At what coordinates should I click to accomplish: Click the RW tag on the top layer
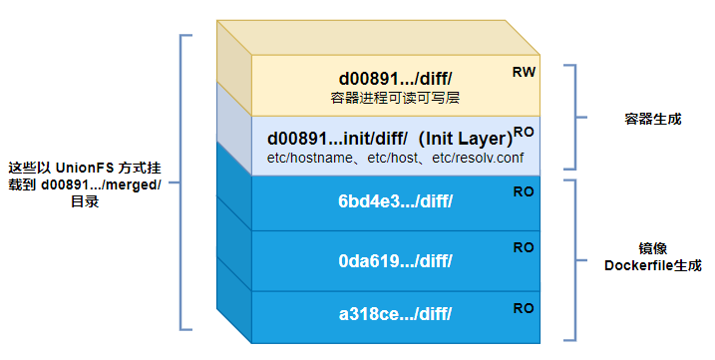pos(524,72)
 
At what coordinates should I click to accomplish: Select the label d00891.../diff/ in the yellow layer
pos(395,79)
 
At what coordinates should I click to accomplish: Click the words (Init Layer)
pos(465,138)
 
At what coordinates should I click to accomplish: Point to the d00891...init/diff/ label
pos(339,138)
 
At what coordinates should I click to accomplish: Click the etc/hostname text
pos(303,158)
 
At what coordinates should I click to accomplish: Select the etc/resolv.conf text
pos(475,158)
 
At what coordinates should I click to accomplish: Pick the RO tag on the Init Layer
pos(524,131)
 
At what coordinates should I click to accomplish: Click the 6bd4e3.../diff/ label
pos(395,201)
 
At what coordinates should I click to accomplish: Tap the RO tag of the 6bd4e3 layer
pos(524,190)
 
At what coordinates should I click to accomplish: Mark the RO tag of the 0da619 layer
pos(524,247)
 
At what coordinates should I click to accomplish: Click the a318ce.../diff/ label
pos(395,314)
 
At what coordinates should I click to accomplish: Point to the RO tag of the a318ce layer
pos(524,308)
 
